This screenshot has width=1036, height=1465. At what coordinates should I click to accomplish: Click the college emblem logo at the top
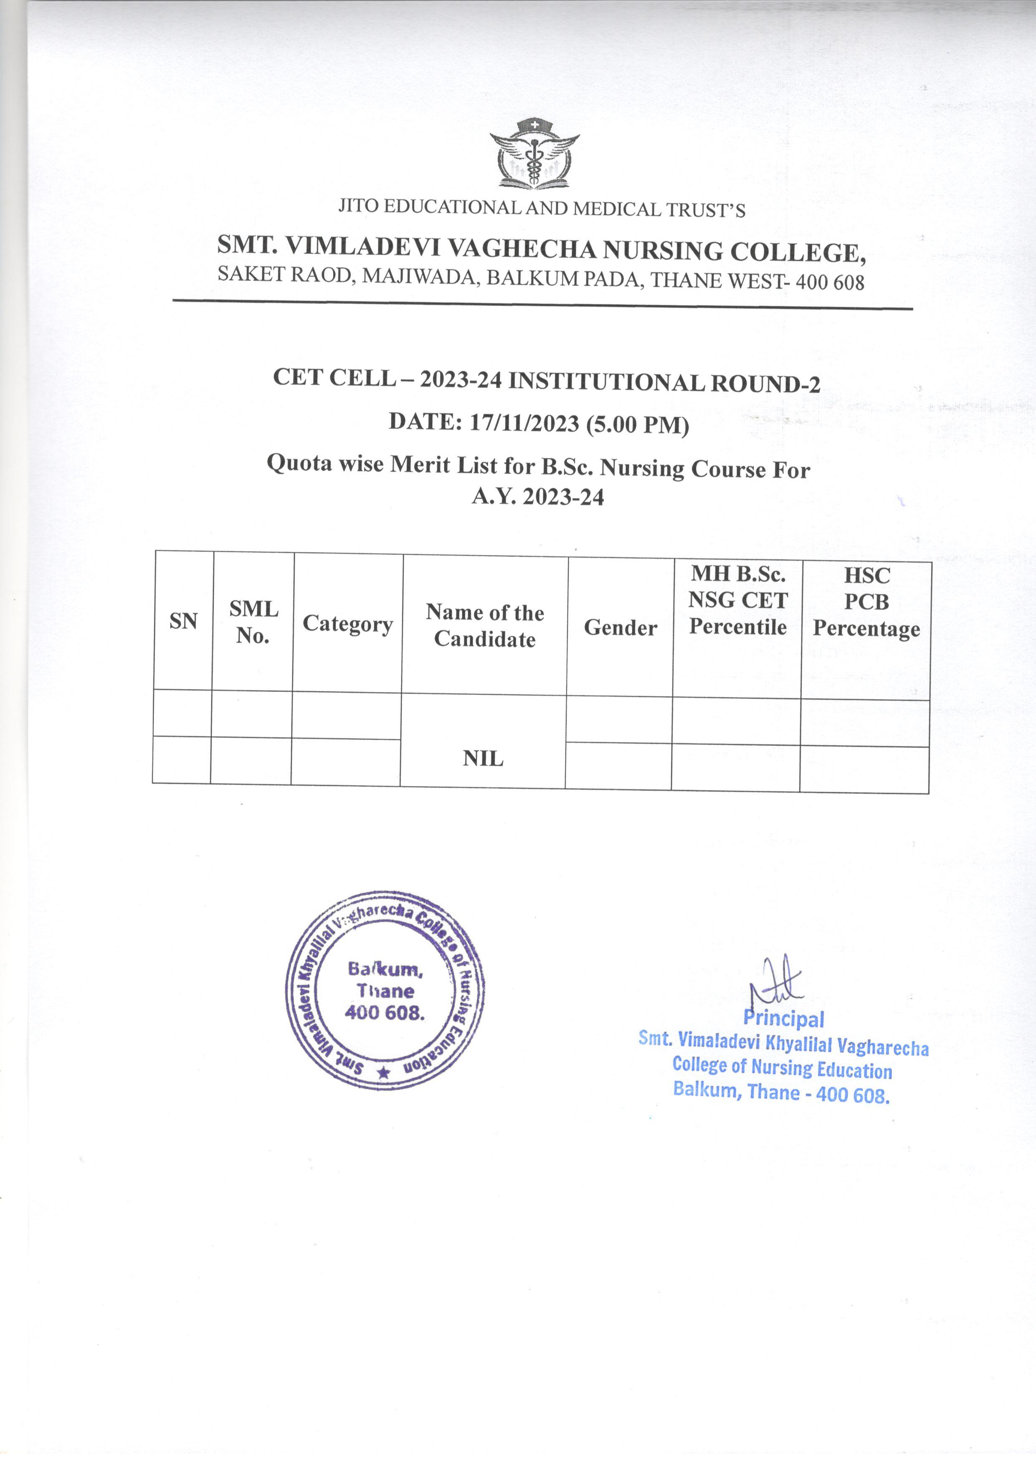point(534,154)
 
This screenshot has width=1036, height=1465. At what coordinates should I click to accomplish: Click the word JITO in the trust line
point(358,206)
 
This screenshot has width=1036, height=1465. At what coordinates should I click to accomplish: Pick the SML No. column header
point(253,622)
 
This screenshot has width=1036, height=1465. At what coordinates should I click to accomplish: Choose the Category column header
point(348,623)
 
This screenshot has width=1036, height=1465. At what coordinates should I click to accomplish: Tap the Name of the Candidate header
point(485,626)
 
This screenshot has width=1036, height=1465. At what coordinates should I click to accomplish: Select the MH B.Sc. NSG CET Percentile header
point(738,600)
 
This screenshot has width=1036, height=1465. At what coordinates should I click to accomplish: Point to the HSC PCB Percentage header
point(866,602)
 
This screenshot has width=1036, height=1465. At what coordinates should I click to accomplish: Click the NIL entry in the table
point(483,759)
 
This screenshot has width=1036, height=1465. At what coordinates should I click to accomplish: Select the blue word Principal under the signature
point(783,1019)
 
